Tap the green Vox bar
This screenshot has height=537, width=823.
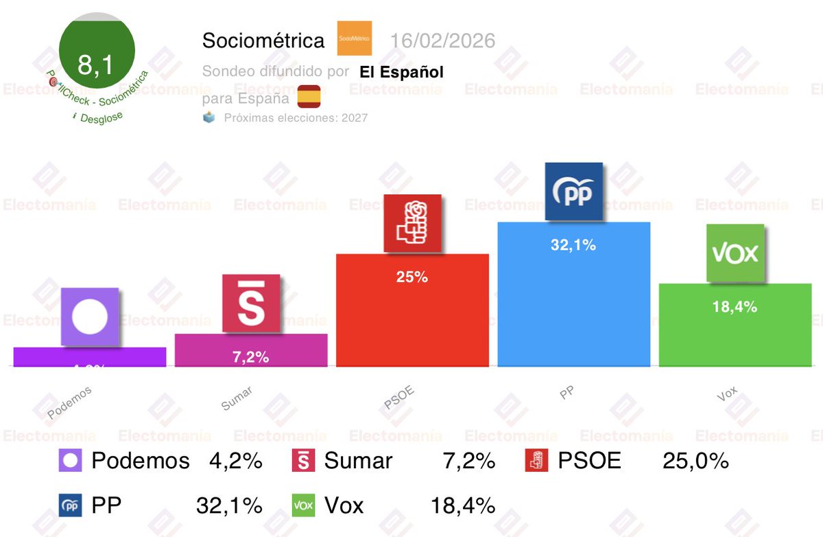pyautogui.click(x=735, y=336)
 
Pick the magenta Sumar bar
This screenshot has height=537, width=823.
pyautogui.click(x=251, y=350)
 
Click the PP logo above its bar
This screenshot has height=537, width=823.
pyautogui.click(x=573, y=192)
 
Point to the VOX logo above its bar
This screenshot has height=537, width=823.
pyautogui.click(x=735, y=253)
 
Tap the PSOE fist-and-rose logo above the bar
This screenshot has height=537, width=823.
pyautogui.click(x=412, y=225)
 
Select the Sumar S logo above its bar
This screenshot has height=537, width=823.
pyautogui.click(x=251, y=303)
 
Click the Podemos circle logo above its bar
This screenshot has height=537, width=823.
pyautogui.click(x=90, y=317)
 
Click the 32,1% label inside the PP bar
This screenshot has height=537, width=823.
pyautogui.click(x=573, y=244)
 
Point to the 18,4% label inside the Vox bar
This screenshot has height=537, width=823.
pyautogui.click(x=735, y=307)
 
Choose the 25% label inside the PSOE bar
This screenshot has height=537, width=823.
pyautogui.click(x=412, y=277)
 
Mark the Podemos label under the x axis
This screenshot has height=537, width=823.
pyautogui.click(x=69, y=402)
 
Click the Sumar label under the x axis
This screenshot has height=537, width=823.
pyautogui.click(x=237, y=399)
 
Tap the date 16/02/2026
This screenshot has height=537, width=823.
pyautogui.click(x=442, y=41)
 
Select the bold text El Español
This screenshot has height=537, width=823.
pyautogui.click(x=401, y=71)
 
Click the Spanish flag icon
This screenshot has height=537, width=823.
pyautogui.click(x=309, y=96)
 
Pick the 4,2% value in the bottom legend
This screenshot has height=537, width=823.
pyautogui.click(x=235, y=461)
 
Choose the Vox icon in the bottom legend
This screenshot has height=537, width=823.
pyautogui.click(x=303, y=506)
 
